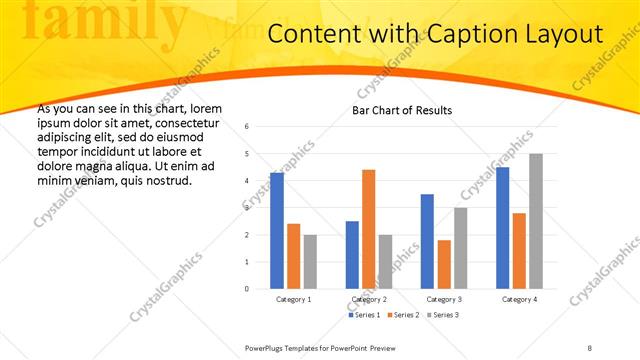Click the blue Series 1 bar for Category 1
pos(277,231)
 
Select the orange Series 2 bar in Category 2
pos(368,229)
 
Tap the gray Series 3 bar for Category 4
pos(536,221)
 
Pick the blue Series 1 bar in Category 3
pos(427,241)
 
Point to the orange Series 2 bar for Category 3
pos(444,264)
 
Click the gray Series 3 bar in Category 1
pos(310,262)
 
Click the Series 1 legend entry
pos(365,315)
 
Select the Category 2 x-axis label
pos(368,300)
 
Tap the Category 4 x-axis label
pos(519,300)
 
